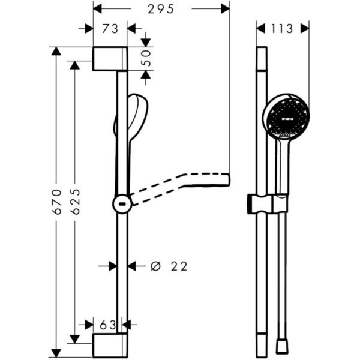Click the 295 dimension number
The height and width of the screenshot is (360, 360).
point(161,10)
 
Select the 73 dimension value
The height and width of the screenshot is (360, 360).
point(110,29)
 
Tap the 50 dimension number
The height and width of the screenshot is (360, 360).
point(146,58)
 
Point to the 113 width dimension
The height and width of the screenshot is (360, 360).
point(282,29)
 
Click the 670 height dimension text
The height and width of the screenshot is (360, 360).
point(57,202)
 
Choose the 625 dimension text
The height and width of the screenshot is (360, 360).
point(76,202)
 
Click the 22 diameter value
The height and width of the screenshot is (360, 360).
point(179,266)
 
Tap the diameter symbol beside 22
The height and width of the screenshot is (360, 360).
point(155,266)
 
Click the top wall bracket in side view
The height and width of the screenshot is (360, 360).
point(110,59)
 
